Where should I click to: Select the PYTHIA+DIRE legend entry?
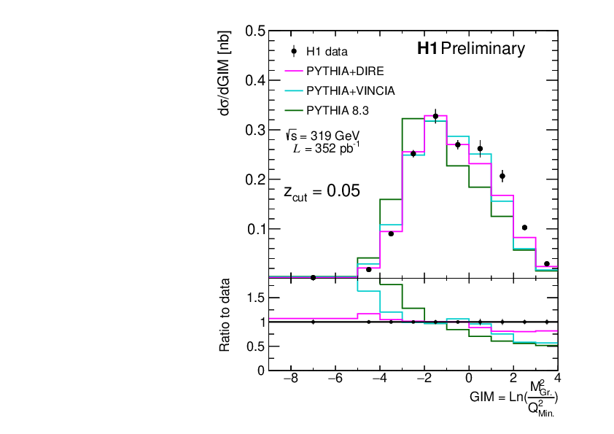345,71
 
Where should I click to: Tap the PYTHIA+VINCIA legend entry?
350,91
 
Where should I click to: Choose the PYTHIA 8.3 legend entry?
338,111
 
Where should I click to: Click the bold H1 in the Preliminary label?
427,50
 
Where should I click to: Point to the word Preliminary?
483,50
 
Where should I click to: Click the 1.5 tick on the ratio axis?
254,298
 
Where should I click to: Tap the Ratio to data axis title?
226,314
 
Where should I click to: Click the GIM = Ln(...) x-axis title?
514,398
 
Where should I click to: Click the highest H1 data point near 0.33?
435,116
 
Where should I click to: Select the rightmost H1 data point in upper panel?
547,264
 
